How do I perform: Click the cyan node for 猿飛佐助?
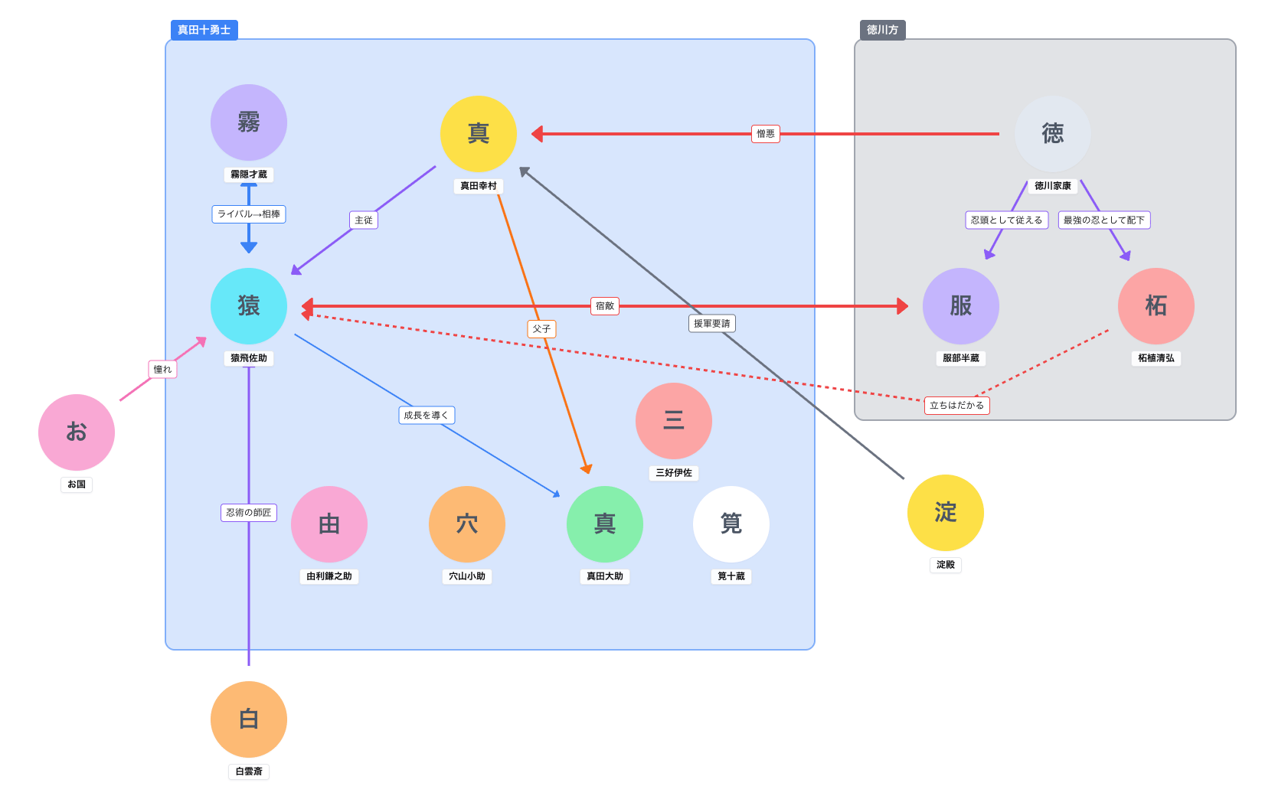coord(249,306)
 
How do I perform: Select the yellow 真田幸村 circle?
coord(478,134)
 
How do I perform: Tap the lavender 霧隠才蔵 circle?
coord(249,122)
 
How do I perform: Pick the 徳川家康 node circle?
coord(1052,134)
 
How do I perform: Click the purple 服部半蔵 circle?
coord(961,306)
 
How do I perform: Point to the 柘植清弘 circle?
coord(1156,306)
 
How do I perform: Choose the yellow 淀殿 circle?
coord(946,513)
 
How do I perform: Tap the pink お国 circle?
coord(77,432)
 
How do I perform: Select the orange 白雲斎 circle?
coord(249,719)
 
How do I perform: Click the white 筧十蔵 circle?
coord(731,524)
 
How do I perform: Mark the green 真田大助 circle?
coord(604,524)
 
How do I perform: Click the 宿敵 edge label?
coord(604,306)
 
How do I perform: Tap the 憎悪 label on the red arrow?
coord(766,134)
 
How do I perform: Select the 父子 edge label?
coord(541,329)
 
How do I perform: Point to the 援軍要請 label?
coord(711,323)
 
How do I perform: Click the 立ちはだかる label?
coord(956,405)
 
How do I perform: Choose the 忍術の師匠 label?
coord(249,513)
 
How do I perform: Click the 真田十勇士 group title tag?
coord(204,30)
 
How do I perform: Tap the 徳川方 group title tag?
coord(882,30)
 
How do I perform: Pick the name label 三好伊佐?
coord(673,473)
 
